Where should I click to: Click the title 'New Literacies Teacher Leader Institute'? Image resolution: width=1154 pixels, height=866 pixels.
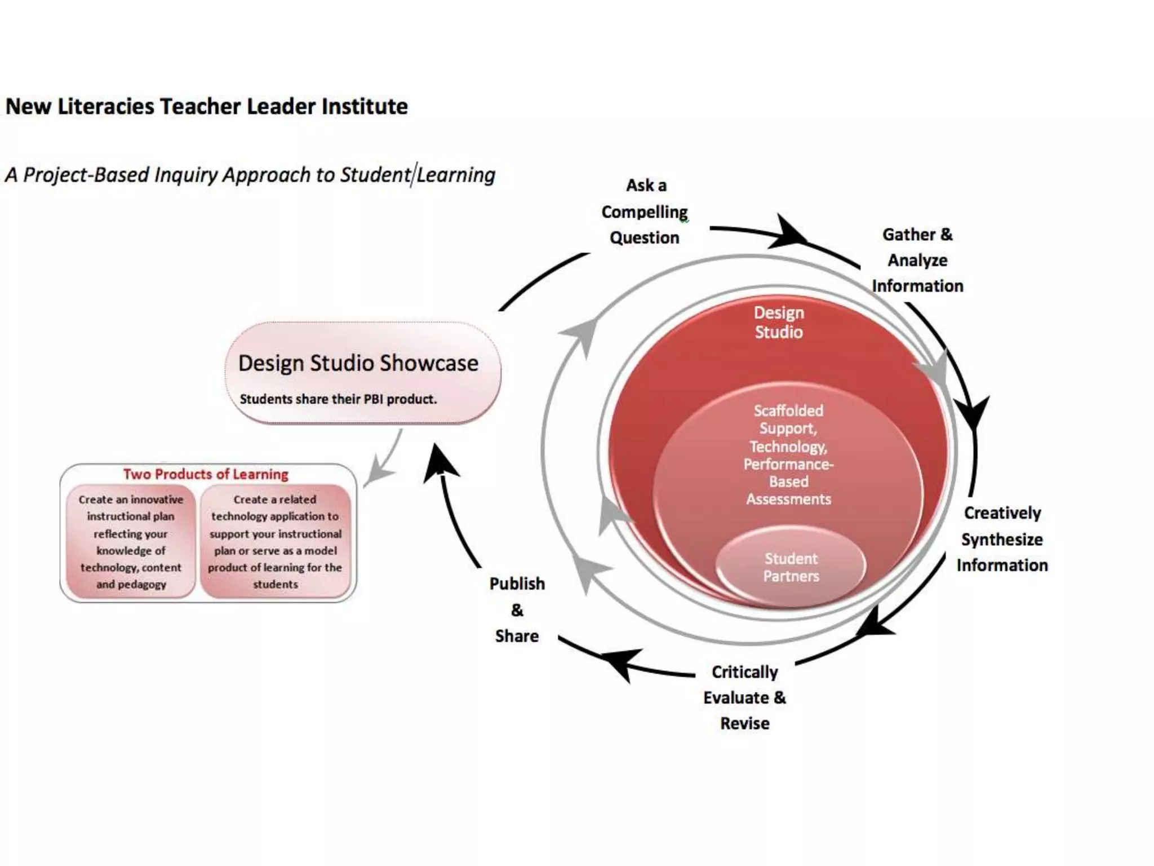206,106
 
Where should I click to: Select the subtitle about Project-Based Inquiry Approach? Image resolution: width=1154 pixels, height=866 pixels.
250,175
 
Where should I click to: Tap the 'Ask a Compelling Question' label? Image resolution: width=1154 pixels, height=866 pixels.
645,211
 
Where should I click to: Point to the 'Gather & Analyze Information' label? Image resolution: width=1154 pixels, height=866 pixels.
917,260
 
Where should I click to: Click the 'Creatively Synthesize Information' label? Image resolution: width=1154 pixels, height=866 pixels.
1002,539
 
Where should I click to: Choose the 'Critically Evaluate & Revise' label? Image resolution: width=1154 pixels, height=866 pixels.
744,697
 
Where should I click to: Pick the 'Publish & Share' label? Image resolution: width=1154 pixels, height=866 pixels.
517,609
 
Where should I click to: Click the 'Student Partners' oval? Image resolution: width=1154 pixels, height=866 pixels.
791,567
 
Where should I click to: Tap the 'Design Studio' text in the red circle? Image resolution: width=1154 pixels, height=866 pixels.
779,322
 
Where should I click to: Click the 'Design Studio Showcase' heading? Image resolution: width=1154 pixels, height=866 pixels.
358,363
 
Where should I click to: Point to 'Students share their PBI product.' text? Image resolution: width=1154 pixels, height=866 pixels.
338,399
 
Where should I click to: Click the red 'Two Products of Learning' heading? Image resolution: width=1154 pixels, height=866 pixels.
206,474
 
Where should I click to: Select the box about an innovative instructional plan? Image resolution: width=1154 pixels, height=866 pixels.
131,541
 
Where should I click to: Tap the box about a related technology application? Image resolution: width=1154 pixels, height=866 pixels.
275,541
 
